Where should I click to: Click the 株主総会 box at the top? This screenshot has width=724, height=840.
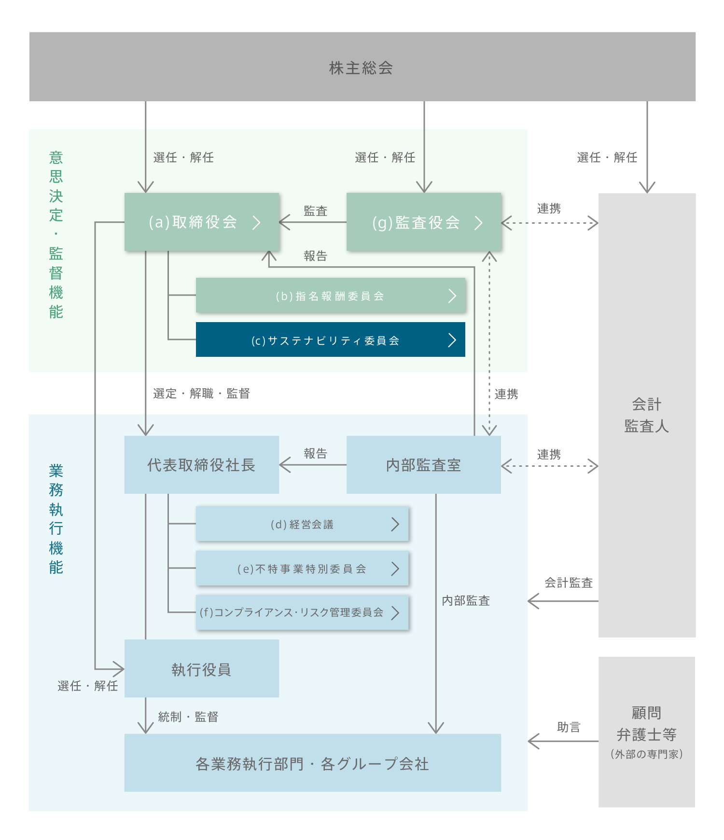[x=362, y=67]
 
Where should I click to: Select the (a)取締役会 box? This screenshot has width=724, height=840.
[x=202, y=222]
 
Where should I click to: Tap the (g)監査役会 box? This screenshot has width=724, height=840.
[x=424, y=222]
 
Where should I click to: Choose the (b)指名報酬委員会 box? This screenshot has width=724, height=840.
[x=330, y=296]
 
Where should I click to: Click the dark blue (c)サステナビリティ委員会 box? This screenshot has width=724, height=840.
[x=330, y=340]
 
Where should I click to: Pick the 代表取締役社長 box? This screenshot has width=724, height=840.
[x=201, y=465]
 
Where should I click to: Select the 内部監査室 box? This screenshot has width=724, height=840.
[x=423, y=465]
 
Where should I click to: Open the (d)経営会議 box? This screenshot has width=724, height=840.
[x=302, y=524]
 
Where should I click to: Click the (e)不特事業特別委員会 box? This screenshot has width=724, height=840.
[x=302, y=569]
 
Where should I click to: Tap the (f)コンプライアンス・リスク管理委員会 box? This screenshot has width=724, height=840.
[x=302, y=612]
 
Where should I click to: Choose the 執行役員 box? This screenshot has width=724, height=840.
[x=201, y=669]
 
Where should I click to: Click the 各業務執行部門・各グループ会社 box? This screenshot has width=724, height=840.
[x=312, y=763]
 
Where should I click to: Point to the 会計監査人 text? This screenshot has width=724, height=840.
[x=646, y=415]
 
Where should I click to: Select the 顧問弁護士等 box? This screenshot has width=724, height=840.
[x=646, y=732]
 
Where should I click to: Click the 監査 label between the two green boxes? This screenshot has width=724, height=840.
[x=316, y=211]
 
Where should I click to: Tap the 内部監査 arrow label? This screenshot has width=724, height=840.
[x=466, y=600]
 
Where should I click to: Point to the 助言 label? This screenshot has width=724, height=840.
[x=569, y=727]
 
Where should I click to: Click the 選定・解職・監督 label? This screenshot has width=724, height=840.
[x=201, y=393]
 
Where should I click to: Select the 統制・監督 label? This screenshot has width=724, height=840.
[x=188, y=717]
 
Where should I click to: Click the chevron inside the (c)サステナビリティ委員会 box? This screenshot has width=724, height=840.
[x=452, y=340]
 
